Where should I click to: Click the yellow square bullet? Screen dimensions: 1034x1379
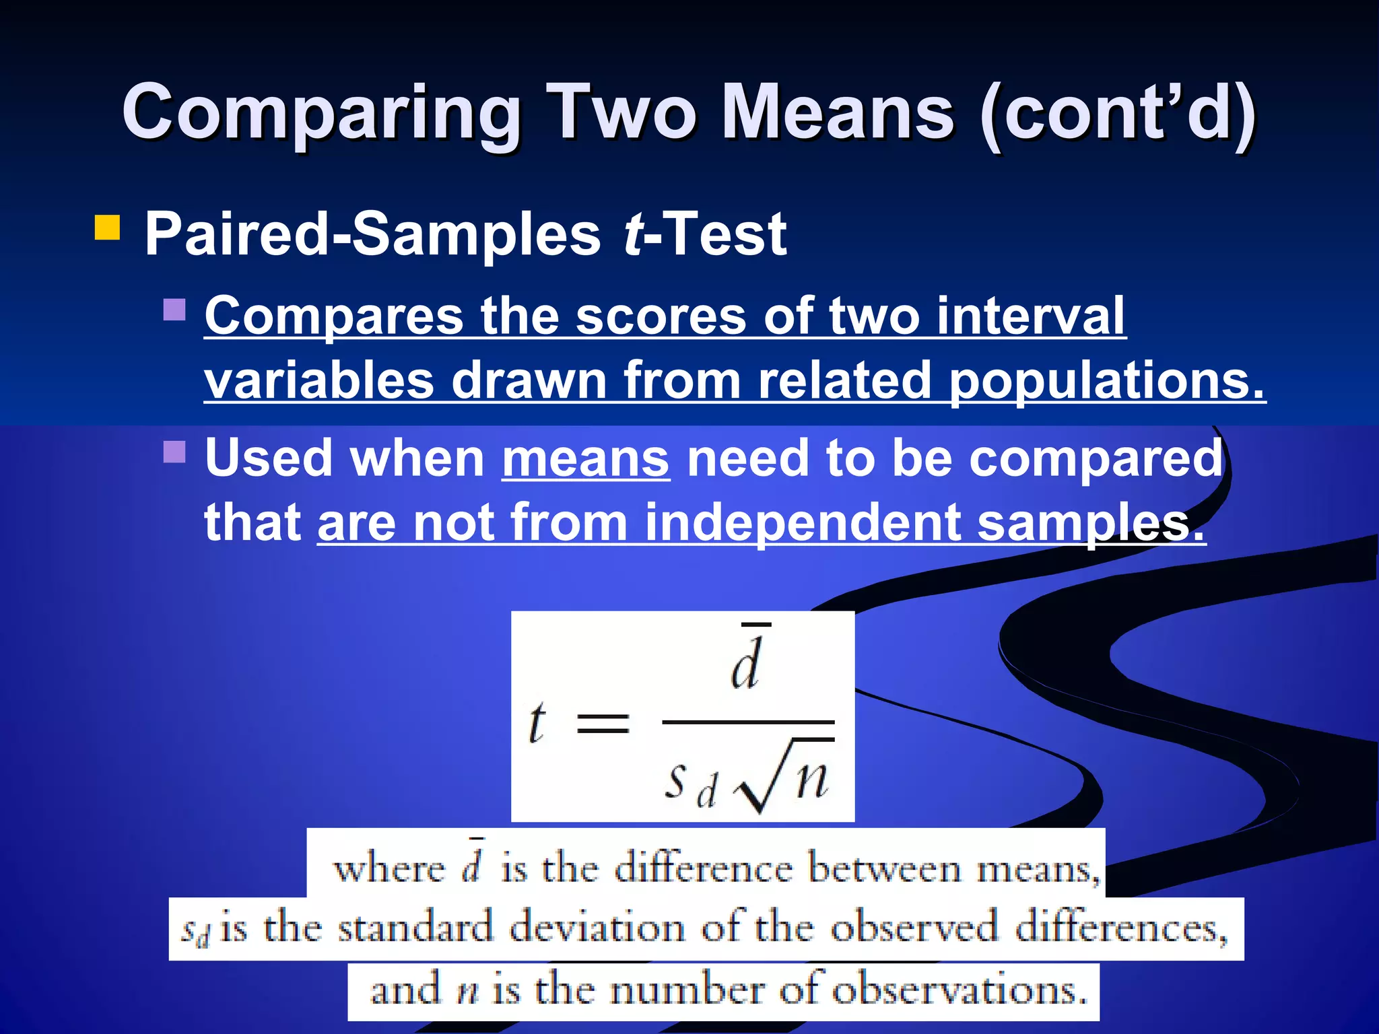point(107,228)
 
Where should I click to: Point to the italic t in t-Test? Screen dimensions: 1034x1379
point(633,234)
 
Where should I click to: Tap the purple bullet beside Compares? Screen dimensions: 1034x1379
point(174,310)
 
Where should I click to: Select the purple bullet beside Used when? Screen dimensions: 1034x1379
point(174,452)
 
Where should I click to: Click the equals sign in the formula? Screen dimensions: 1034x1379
point(603,724)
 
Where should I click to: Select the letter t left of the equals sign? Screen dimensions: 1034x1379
point(537,723)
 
